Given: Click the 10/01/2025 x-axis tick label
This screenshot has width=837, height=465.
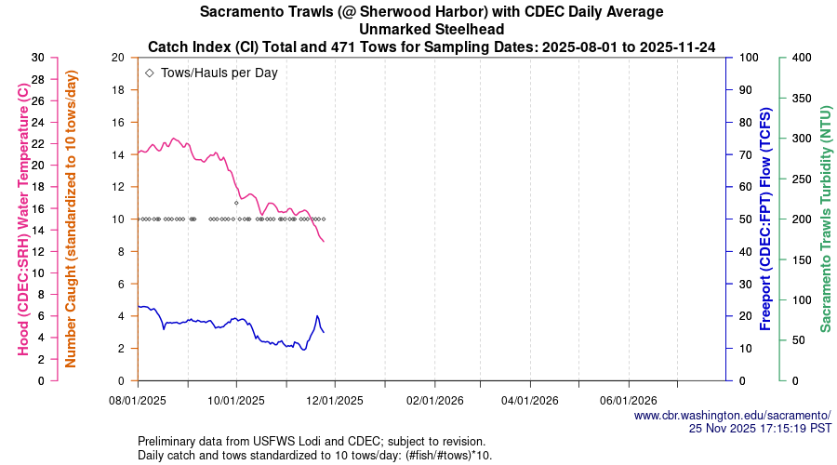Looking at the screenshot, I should click(236, 402).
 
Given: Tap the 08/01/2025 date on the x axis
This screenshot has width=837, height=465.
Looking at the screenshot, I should click(138, 402).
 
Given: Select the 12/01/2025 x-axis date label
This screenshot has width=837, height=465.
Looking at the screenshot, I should click(334, 402).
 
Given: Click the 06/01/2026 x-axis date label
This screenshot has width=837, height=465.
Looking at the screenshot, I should click(629, 402).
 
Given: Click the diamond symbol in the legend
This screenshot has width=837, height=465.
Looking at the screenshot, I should click(150, 73).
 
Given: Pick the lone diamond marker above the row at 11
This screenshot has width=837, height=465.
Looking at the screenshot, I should click(236, 203).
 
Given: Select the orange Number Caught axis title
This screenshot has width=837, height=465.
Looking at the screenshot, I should click(71, 219).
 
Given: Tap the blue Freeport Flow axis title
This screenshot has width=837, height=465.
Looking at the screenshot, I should click(766, 219).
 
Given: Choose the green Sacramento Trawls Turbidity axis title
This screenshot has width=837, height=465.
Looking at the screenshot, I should click(824, 219).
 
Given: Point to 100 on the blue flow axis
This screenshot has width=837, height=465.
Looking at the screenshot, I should click(745, 58).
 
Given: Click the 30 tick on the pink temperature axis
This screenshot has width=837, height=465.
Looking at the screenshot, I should click(37, 58).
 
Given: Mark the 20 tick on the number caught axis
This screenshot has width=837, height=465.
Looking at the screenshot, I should click(118, 58).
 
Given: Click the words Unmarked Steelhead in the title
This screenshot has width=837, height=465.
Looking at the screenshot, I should click(432, 29).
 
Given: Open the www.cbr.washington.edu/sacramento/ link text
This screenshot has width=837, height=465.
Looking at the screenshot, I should click(732, 416).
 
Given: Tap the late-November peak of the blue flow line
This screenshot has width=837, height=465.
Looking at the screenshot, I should click(317, 316).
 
